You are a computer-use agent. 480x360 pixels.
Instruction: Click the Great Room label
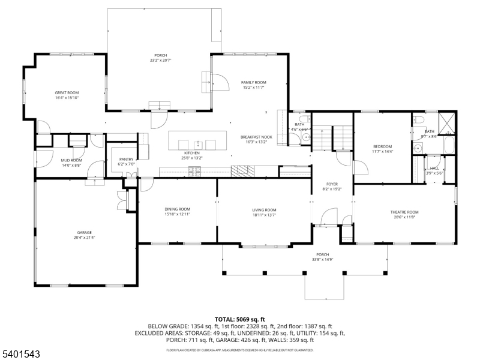67,92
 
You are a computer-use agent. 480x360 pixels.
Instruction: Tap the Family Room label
254,82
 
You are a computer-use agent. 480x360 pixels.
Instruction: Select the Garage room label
84,232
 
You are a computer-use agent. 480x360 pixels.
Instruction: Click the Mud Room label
71,160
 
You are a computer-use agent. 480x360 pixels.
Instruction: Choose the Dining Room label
177,209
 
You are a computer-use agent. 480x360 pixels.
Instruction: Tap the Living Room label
264,209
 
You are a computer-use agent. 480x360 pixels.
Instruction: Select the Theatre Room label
404,212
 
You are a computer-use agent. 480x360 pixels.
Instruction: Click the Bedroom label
382,146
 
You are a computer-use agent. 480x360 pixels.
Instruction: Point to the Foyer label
332,184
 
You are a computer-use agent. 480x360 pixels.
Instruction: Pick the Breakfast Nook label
257,137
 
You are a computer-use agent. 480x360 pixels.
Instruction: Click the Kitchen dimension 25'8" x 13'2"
192,158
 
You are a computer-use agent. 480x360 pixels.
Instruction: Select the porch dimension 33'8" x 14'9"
323,260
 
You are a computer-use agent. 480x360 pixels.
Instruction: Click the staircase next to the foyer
333,137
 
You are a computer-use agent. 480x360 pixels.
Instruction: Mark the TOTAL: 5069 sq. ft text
240,319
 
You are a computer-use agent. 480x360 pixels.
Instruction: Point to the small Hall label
434,168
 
